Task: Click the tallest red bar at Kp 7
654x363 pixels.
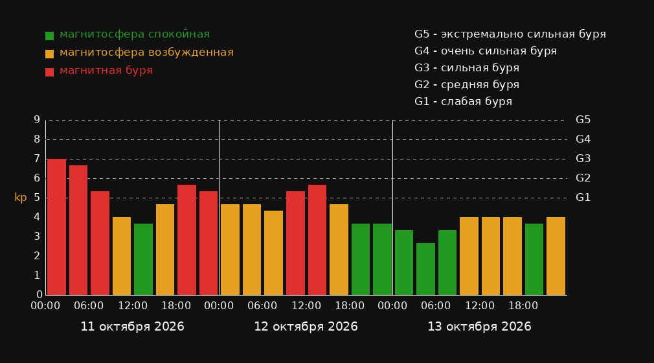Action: click(56, 227)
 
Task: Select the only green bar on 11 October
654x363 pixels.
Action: click(144, 259)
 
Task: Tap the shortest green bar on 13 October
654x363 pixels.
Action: click(425, 269)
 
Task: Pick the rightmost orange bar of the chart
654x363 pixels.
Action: click(556, 256)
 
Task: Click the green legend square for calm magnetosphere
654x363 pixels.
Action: click(50, 36)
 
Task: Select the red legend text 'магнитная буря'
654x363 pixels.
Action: click(106, 71)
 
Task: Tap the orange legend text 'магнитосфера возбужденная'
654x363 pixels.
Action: click(147, 53)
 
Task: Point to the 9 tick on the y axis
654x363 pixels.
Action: click(37, 120)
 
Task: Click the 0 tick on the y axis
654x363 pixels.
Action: click(39, 294)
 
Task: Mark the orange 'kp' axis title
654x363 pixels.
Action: click(21, 198)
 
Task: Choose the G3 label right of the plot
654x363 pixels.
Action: click(583, 159)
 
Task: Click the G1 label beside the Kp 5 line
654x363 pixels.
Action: click(583, 198)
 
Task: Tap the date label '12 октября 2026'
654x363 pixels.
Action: click(306, 327)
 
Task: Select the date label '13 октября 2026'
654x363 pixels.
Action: click(479, 327)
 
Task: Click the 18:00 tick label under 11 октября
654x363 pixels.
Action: click(176, 306)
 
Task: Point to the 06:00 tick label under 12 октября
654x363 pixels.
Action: click(262, 306)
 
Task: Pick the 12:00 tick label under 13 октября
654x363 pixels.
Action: click(480, 306)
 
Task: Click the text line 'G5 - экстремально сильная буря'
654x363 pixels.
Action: click(510, 34)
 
